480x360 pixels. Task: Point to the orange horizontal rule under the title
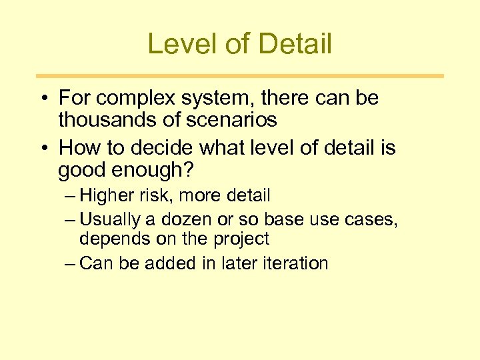(x=239, y=76)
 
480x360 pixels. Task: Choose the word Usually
(x=109, y=219)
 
